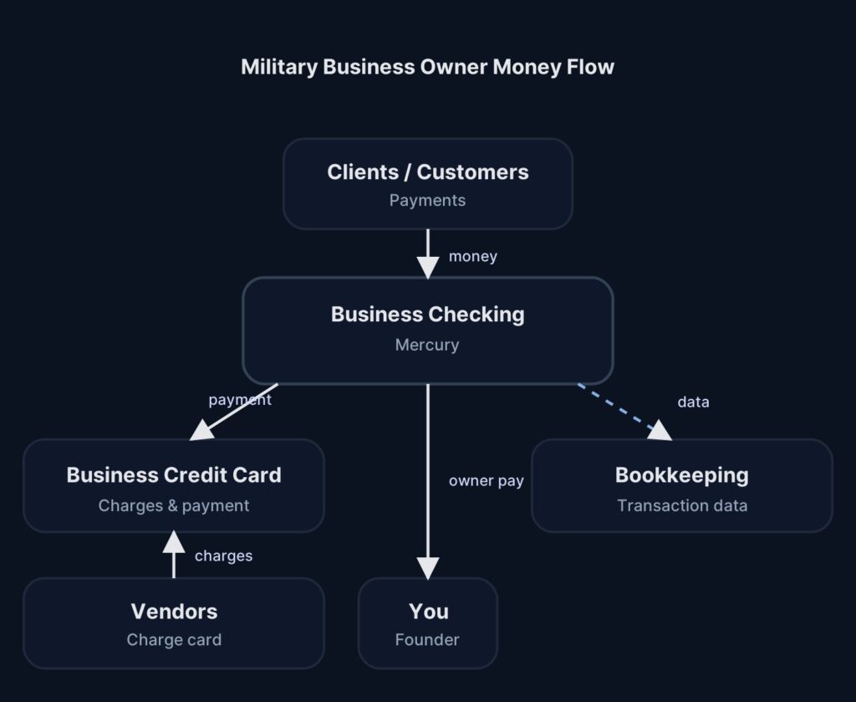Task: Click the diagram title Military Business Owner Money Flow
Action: (427, 67)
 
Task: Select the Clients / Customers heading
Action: (427, 172)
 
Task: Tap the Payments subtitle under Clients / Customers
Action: (427, 201)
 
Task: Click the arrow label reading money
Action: (472, 257)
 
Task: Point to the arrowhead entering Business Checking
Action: (428, 267)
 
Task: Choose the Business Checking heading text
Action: (427, 315)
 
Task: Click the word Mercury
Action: (427, 345)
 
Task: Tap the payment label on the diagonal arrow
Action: (240, 400)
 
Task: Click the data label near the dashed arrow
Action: (693, 402)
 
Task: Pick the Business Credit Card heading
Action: (174, 475)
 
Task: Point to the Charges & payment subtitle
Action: (174, 505)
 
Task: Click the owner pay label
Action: (486, 481)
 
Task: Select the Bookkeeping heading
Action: (681, 475)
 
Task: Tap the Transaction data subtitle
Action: (681, 505)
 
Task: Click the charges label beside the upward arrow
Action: (223, 556)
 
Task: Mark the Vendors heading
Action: (174, 612)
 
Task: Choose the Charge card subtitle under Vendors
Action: (174, 640)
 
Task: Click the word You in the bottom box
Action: (428, 612)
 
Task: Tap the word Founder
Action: (427, 640)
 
